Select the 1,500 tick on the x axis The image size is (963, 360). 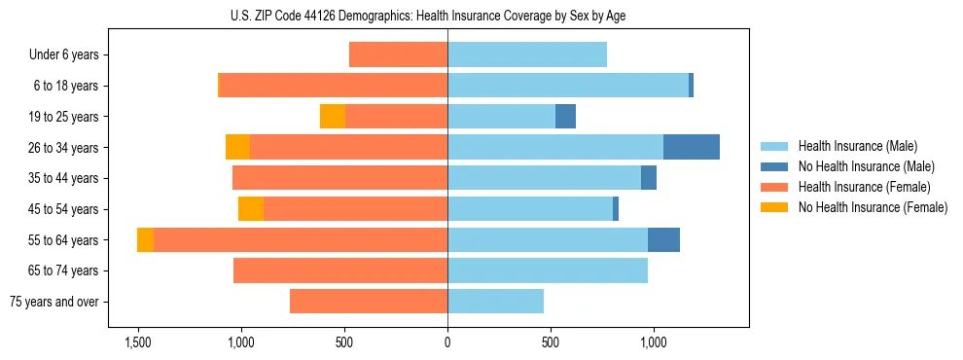click(x=137, y=342)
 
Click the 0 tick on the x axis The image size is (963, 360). click(x=447, y=342)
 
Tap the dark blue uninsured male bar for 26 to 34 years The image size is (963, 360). click(x=692, y=147)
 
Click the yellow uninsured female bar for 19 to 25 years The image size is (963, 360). click(x=333, y=117)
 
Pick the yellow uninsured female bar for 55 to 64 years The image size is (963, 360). click(x=145, y=239)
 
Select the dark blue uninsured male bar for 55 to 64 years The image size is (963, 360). click(x=663, y=239)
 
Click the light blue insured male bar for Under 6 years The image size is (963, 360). click(x=527, y=55)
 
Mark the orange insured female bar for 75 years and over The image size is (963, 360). click(x=369, y=302)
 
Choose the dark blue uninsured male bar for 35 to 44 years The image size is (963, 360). click(x=649, y=178)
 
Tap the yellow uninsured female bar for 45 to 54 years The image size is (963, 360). click(x=251, y=209)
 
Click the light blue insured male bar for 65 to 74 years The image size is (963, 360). click(x=548, y=270)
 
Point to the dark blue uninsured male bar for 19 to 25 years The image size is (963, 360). click(x=565, y=117)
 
